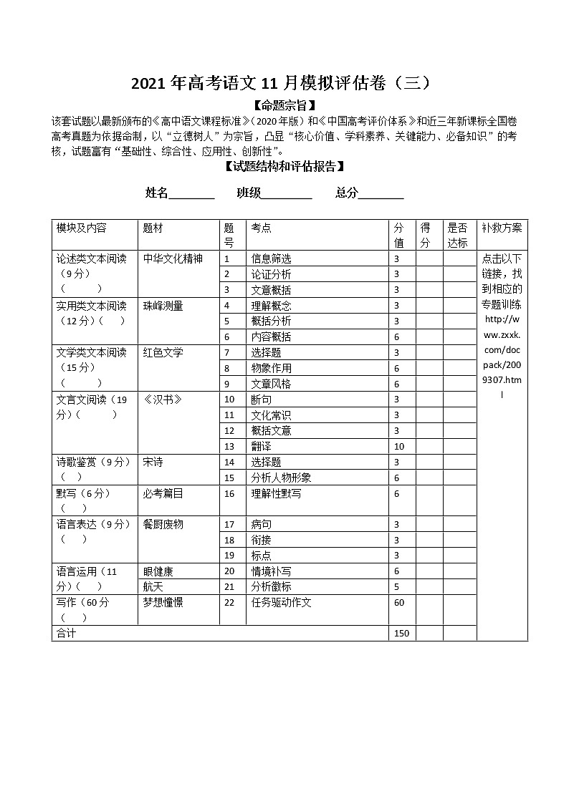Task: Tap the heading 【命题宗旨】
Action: pyautogui.click(x=284, y=106)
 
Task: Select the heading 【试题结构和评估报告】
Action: pyautogui.click(x=284, y=167)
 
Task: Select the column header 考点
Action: pyautogui.click(x=262, y=228)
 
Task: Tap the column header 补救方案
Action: pyautogui.click(x=502, y=228)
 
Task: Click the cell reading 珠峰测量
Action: pyautogui.click(x=163, y=306)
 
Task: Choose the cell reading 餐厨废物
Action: pyautogui.click(x=163, y=524)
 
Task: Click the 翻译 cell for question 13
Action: pyautogui.click(x=261, y=446)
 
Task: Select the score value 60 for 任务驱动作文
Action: pyautogui.click(x=399, y=603)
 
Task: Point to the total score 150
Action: pyautogui.click(x=401, y=634)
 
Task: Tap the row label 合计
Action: pyautogui.click(x=67, y=634)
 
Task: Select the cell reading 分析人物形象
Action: pyautogui.click(x=281, y=478)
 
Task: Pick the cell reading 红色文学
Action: pyautogui.click(x=163, y=352)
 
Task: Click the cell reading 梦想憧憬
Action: pyautogui.click(x=163, y=603)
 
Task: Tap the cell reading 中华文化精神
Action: pyautogui.click(x=173, y=258)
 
